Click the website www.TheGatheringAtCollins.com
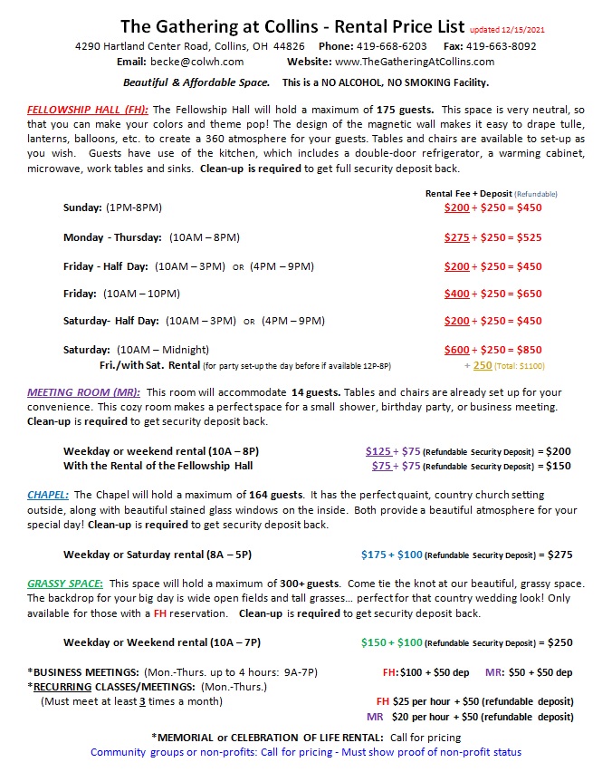tap(415, 62)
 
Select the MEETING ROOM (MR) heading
tap(83, 392)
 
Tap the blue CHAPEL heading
tap(48, 495)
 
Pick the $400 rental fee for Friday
tap(457, 294)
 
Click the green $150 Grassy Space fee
tap(374, 642)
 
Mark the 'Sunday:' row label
tap(82, 207)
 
